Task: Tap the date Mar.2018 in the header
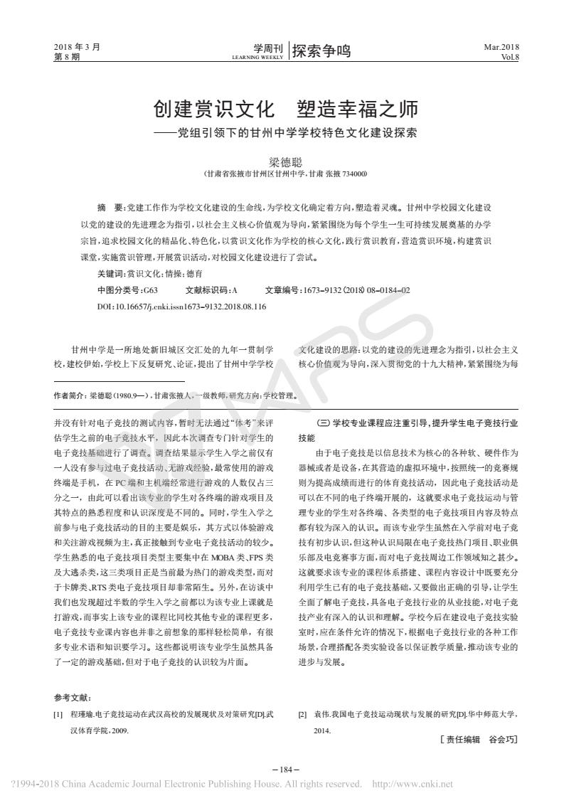pos(502,47)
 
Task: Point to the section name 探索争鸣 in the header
pos(321,50)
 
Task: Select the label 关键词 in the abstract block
pos(111,273)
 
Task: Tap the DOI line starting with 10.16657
pos(181,307)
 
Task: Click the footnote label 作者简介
pos(70,395)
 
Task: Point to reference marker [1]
pos(58,713)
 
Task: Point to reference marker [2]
pos(302,713)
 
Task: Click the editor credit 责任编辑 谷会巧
pos(478,740)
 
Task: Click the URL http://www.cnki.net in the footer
pos(413,784)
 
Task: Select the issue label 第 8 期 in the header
pos(68,56)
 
